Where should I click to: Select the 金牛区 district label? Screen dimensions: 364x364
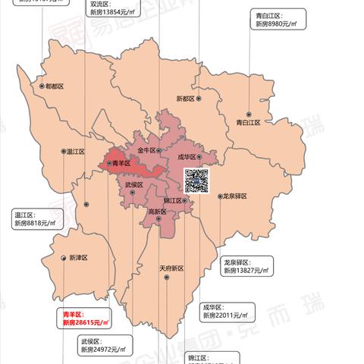point(146,151)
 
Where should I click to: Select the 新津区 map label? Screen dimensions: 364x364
point(78,258)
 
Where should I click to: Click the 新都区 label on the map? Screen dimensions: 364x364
point(186,99)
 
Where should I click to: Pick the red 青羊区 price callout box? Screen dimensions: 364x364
point(86,318)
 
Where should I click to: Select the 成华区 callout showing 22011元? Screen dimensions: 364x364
point(226,311)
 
